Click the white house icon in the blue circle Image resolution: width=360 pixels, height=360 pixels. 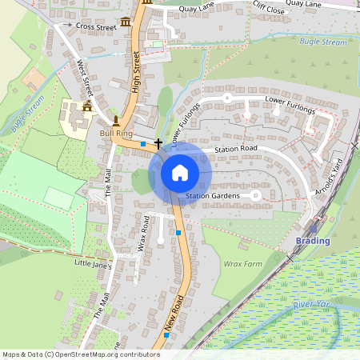click(x=180, y=173)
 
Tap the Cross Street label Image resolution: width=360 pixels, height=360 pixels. click(x=96, y=26)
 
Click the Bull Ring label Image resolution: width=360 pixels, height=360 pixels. click(x=116, y=133)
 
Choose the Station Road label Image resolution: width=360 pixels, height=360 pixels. click(x=235, y=149)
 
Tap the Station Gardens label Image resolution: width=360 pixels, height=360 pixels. click(x=212, y=196)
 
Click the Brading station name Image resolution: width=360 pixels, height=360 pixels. click(x=312, y=241)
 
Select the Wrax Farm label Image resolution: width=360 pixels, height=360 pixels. click(x=242, y=263)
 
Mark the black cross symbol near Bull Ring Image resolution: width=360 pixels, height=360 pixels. click(x=158, y=142)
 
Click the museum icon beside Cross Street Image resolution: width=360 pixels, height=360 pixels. click(x=125, y=21)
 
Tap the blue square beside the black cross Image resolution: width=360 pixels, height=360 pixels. click(x=143, y=144)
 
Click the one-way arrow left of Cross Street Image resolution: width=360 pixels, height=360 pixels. click(x=68, y=26)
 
